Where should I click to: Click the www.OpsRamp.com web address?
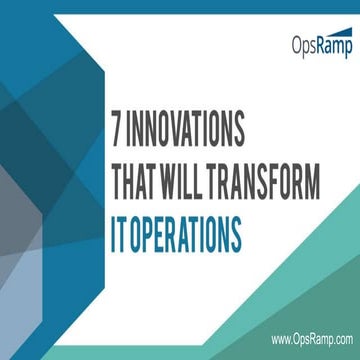pyautogui.click(x=309, y=339)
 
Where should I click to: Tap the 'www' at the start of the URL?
pyautogui.click(x=279, y=339)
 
